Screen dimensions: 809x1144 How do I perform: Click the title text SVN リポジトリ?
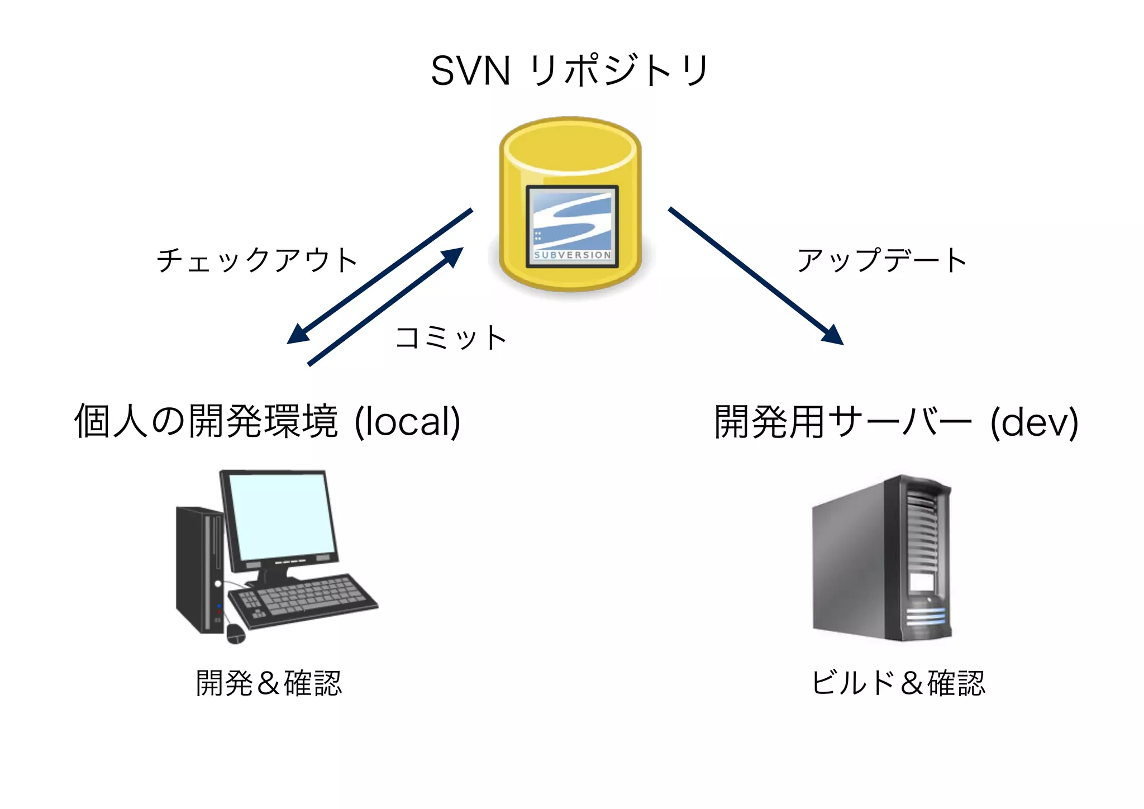(570, 72)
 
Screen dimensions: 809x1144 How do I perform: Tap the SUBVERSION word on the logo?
(573, 255)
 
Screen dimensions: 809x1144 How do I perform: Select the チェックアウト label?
(257, 260)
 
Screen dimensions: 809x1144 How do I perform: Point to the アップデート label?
(881, 260)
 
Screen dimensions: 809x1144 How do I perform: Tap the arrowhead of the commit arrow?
(453, 256)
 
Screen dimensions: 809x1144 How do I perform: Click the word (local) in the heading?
(408, 422)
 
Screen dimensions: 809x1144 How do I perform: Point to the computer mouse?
(236, 634)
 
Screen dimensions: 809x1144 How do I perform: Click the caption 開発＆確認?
(269, 683)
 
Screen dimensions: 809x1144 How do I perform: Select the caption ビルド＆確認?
(898, 683)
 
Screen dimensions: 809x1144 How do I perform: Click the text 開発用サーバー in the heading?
(843, 422)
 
